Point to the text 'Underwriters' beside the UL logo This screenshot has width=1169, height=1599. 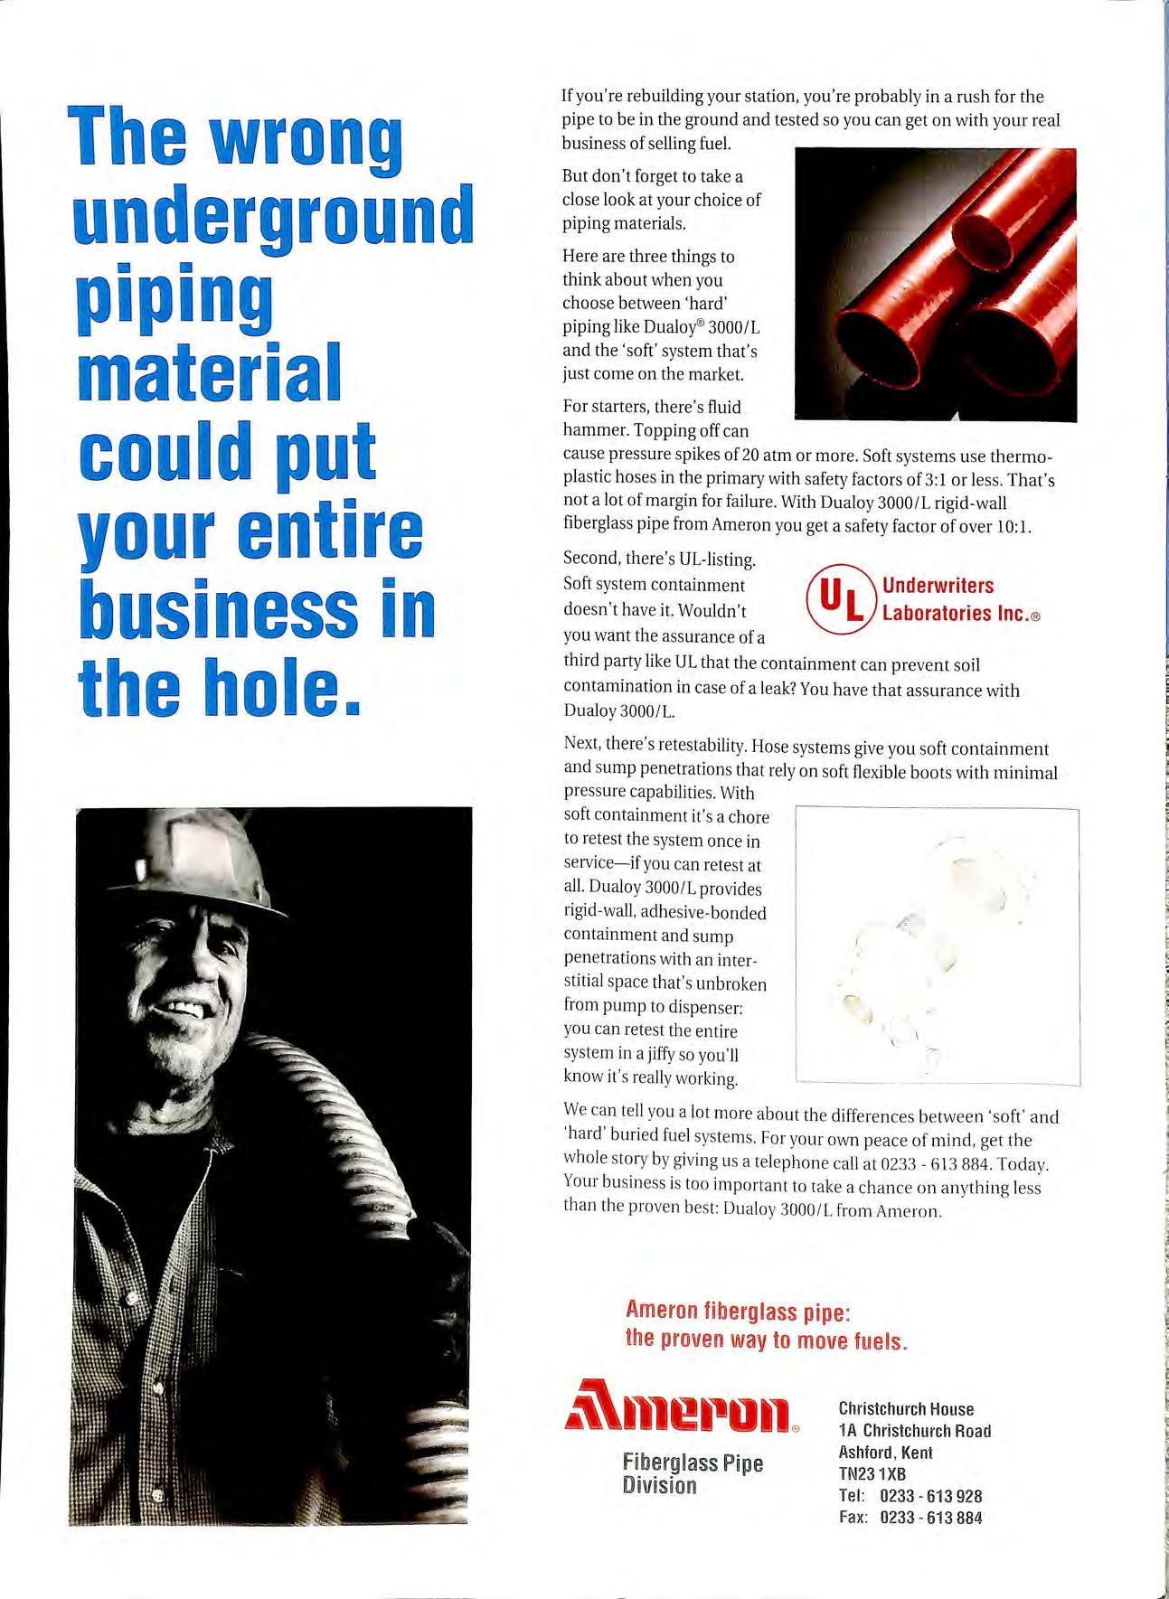938,586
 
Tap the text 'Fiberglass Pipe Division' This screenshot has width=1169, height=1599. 693,1473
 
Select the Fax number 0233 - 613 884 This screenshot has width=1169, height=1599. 931,1518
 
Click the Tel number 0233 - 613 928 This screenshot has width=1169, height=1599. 931,1496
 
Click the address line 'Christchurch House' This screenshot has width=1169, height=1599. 906,1408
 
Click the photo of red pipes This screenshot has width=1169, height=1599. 935,284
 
